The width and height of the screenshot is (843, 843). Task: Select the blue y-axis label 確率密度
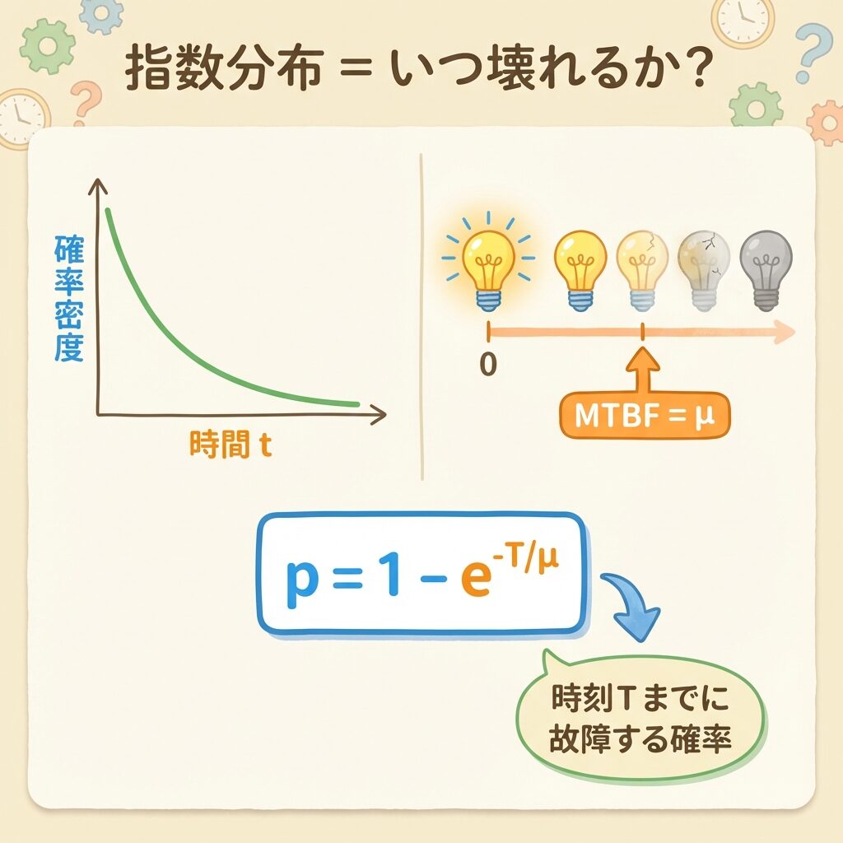69,298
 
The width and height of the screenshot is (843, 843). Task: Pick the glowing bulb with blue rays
488,263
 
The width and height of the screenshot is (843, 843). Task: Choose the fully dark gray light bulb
766,270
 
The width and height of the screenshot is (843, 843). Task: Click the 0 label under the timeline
488,364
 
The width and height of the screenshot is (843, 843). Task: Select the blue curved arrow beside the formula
631,605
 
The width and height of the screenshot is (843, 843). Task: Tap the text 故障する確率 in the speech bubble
640,738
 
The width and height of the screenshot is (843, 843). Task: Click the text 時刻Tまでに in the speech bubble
640,697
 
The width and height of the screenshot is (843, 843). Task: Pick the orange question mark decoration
86,101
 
